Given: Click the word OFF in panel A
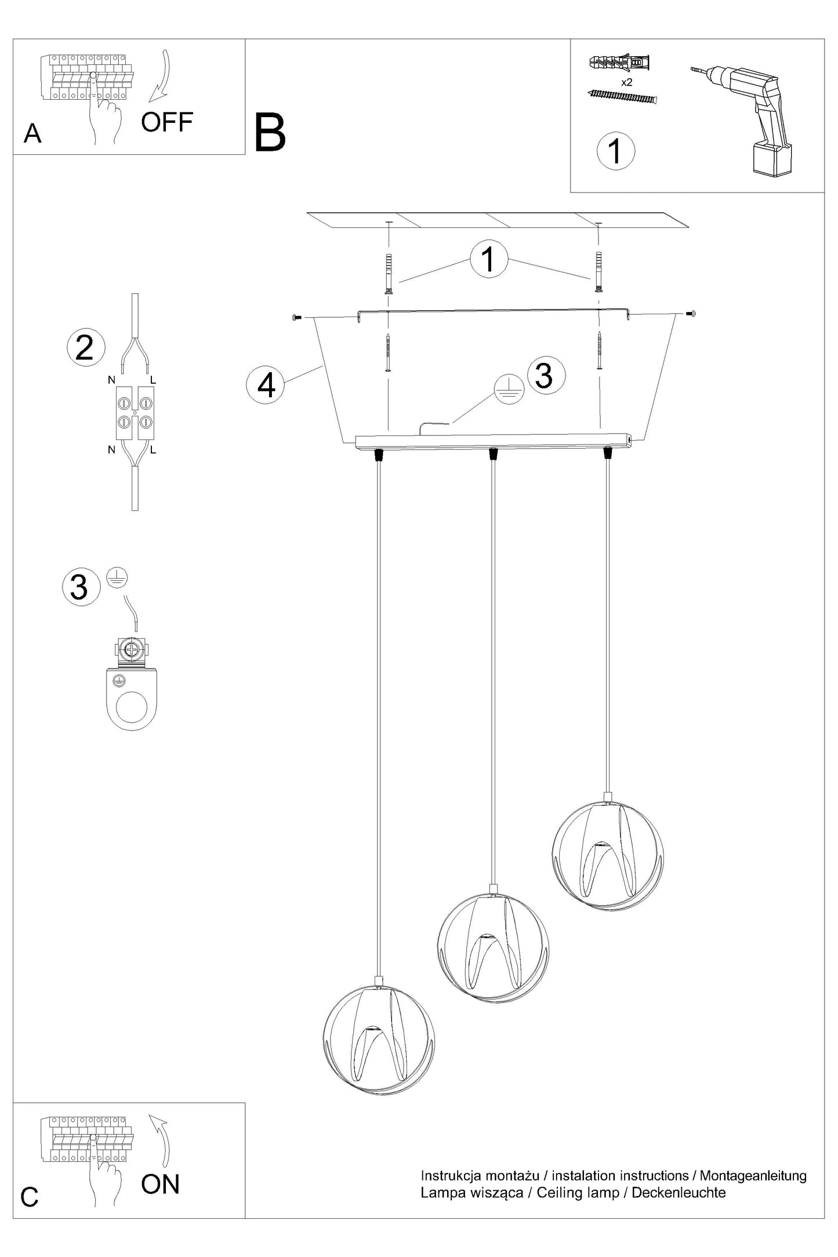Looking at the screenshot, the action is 167,122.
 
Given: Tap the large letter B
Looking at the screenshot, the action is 270,133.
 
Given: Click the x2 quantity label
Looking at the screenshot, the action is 626,82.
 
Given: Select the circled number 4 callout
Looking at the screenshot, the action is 266,385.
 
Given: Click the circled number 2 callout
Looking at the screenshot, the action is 86,348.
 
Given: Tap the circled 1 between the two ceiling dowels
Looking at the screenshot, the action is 489,259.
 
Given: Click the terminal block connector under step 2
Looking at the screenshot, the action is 135,412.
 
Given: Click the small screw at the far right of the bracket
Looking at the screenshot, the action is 690,314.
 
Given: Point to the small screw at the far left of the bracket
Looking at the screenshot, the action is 297,317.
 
